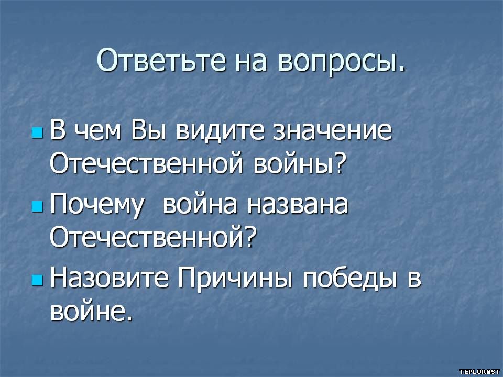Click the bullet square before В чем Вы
[38, 132]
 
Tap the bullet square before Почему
[38, 207]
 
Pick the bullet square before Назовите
[38, 280]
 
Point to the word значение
[332, 131]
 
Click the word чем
[97, 132]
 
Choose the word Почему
[96, 206]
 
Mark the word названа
[298, 205]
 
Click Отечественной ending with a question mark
[154, 238]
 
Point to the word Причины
[235, 279]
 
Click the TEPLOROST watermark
[479, 372]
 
